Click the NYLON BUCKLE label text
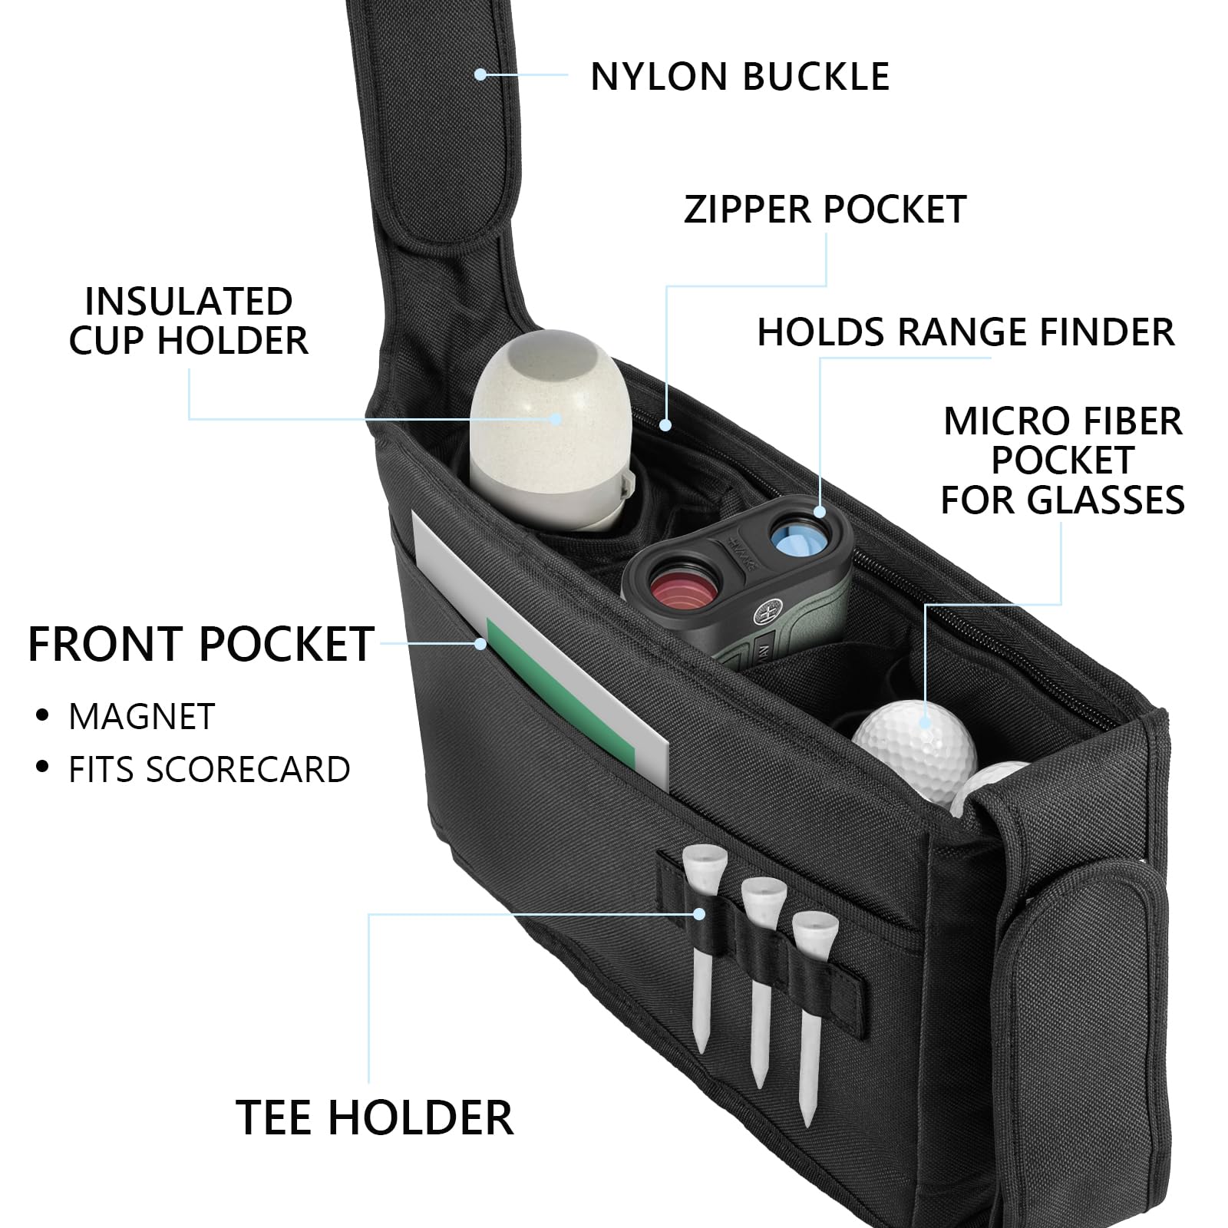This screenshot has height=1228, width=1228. [739, 76]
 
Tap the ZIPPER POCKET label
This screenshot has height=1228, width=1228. [824, 210]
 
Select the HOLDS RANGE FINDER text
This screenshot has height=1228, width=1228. [966, 332]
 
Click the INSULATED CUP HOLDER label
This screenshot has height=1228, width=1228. [188, 321]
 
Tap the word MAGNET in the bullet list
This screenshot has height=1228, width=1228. [142, 716]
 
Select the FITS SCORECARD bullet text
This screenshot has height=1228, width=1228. [209, 770]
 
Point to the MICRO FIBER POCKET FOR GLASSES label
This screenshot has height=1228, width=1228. [1062, 460]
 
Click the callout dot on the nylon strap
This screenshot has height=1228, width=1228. [480, 74]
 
